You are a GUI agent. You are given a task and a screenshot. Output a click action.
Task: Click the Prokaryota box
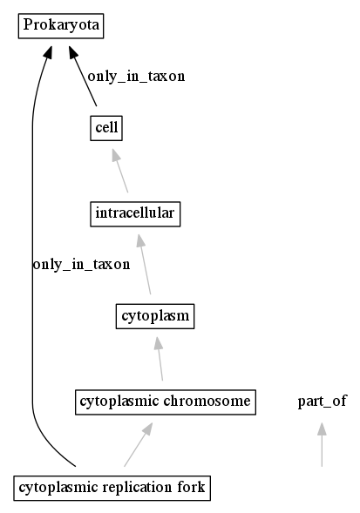point(61,26)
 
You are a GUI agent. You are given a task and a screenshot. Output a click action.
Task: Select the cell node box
point(106,128)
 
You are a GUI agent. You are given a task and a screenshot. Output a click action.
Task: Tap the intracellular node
point(135,214)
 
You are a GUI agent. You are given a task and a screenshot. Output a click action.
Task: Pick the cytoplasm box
point(155,316)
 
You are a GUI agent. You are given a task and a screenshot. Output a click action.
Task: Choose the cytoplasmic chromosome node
point(166,402)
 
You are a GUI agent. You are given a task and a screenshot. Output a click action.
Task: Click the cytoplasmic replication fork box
point(112,488)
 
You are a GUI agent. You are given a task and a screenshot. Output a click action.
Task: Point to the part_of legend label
point(322,402)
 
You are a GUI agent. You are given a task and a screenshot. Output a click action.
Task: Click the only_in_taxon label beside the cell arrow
point(136,77)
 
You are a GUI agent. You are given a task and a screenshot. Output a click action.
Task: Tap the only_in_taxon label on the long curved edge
point(82,265)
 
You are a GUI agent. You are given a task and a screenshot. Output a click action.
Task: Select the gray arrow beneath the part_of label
point(322,444)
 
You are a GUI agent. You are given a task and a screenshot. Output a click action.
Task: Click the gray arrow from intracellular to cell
point(120,171)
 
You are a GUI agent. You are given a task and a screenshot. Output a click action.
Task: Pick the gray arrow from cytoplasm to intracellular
point(144,264)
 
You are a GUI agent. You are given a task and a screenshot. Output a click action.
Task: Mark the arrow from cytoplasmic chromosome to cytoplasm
point(160,359)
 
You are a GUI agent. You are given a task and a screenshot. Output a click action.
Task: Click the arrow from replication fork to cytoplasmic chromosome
point(139,444)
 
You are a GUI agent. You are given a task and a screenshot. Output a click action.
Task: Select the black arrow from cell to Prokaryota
point(83,76)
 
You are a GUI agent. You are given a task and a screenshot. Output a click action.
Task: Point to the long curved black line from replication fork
point(32,255)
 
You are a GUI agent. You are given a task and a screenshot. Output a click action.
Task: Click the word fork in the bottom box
point(191,488)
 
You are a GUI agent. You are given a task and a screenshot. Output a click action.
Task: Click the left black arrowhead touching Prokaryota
point(48,52)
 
